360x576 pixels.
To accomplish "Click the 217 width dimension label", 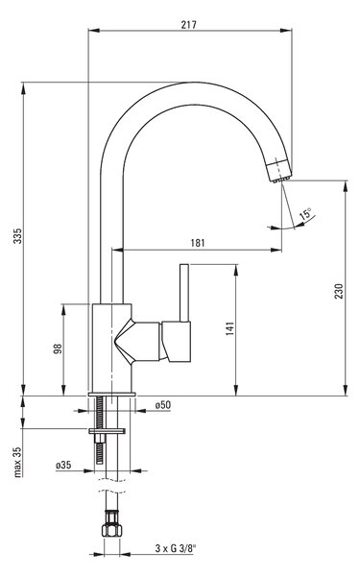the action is point(189,25).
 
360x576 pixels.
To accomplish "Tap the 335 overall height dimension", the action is point(17,236).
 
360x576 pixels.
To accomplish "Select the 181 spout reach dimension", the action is point(198,243).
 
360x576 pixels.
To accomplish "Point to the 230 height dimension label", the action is point(339,291).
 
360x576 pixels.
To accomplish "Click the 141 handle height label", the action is point(230,328).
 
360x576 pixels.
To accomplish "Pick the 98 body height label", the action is point(58,348).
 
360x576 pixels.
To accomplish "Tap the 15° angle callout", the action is point(305,213).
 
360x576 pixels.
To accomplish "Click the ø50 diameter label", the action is point(163,405).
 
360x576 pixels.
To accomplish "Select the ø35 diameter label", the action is point(63,465).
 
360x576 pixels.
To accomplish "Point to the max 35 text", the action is point(17,462).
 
